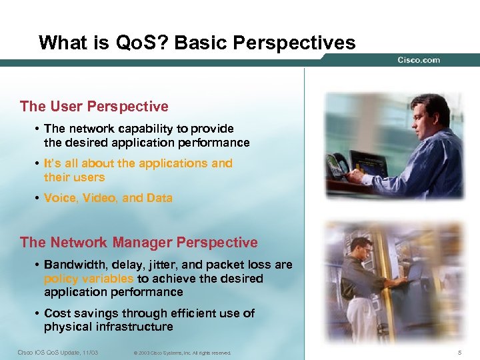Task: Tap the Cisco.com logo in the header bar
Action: coord(419,60)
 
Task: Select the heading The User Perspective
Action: coord(94,107)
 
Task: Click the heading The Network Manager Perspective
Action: coord(139,243)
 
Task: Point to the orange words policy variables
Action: coord(89,279)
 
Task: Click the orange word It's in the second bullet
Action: coord(52,163)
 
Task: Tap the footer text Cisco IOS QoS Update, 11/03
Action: coord(59,352)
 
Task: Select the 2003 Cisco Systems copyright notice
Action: coord(181,353)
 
